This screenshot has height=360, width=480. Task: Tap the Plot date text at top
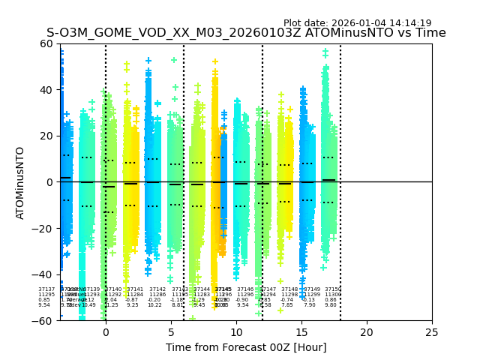coord(357,23)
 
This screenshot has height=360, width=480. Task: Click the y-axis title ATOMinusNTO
coord(20,182)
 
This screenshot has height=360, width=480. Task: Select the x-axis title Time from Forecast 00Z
coord(246,347)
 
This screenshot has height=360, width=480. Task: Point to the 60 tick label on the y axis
coord(46,43)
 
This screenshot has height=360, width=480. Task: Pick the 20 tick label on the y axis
coord(46,136)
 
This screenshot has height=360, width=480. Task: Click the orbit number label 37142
coord(157,289)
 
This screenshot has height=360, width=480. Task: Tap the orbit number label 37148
coord(289,289)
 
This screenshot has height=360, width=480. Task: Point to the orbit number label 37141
coord(135,289)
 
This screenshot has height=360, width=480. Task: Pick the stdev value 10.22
coord(154,305)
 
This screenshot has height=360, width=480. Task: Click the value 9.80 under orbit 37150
coord(331,305)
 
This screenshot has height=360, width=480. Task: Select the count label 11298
coord(289,295)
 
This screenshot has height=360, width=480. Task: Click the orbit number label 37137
coord(46,289)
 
